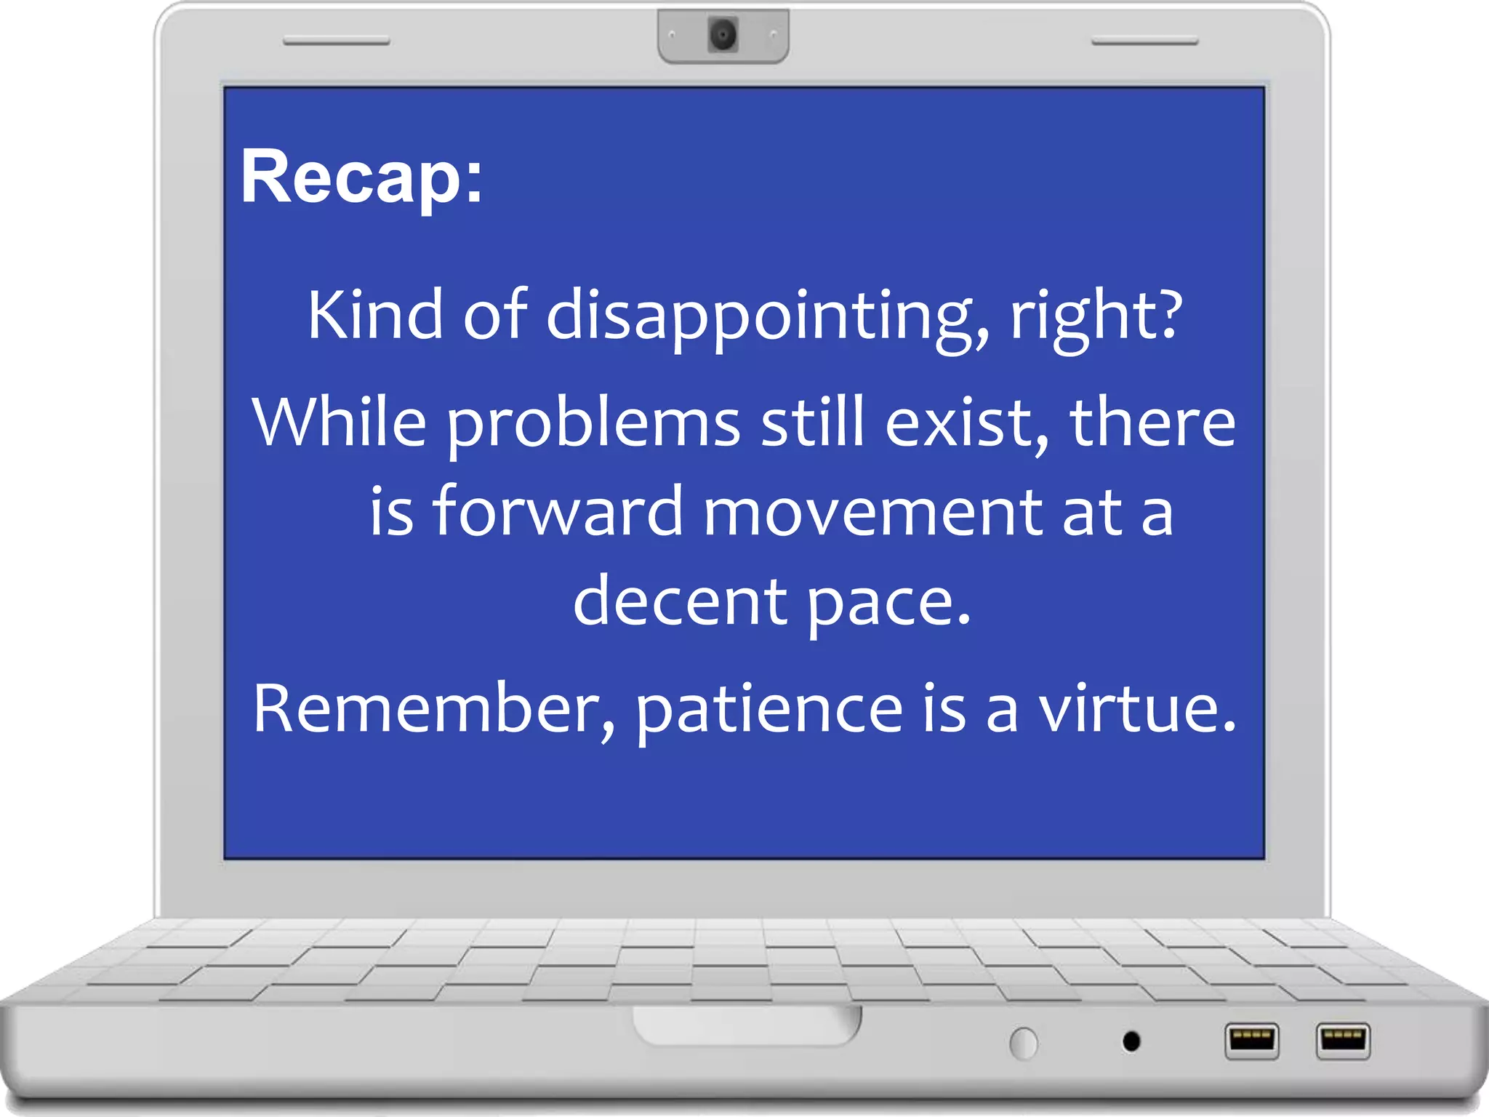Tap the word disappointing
click(x=767, y=316)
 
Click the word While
click(x=339, y=423)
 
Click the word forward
click(x=558, y=512)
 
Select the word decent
click(x=680, y=602)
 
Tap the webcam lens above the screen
click(x=723, y=34)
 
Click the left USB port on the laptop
click(x=1251, y=1041)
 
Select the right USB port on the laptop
click(x=1342, y=1040)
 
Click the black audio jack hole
click(x=1131, y=1041)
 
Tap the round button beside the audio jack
click(x=1024, y=1044)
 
